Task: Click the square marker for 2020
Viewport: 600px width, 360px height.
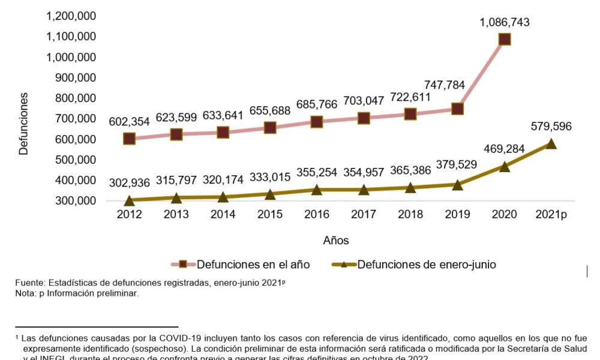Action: click(x=505, y=40)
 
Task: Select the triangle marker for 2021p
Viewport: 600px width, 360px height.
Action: click(x=551, y=144)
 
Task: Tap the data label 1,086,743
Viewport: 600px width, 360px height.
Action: click(x=505, y=22)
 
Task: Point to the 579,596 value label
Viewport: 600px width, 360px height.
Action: click(x=551, y=127)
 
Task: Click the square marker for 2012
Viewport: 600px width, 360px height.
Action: click(x=129, y=139)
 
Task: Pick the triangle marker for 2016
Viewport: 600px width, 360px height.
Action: click(x=316, y=190)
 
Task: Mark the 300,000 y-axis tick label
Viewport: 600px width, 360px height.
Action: click(x=76, y=200)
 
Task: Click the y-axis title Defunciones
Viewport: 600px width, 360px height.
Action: click(x=23, y=123)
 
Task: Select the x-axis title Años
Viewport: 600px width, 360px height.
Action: click(x=336, y=241)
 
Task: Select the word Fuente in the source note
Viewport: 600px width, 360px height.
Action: click(x=30, y=283)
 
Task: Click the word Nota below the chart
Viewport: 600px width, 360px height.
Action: click(x=26, y=293)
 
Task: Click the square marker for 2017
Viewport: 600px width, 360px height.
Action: click(x=364, y=118)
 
